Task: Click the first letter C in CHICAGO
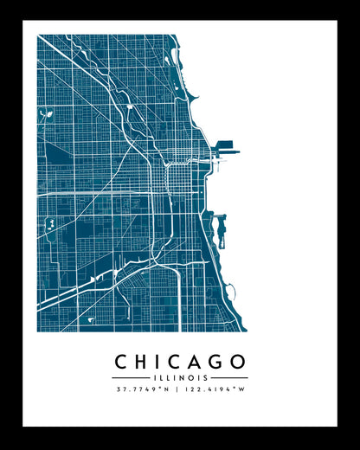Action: [122, 362]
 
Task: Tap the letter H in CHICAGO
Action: [144, 362]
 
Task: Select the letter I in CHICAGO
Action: [160, 362]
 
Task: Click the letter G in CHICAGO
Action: [218, 362]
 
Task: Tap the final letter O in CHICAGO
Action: [239, 362]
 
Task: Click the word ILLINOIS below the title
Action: [180, 377]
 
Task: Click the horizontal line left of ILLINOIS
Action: [130, 377]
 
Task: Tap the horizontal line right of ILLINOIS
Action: [230, 377]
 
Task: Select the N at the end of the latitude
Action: [168, 389]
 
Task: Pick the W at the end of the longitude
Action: [242, 389]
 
